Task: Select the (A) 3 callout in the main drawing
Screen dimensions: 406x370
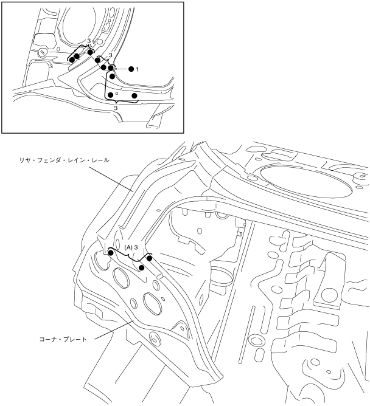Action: (132, 248)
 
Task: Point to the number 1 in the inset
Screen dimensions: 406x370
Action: (138, 69)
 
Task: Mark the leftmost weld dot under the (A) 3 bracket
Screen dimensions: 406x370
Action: (110, 252)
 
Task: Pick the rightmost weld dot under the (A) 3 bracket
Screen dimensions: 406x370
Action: (150, 258)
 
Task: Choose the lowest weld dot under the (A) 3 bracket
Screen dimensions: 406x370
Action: (142, 267)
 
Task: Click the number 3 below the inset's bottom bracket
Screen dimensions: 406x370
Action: (116, 107)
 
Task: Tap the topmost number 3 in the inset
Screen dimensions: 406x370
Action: (89, 41)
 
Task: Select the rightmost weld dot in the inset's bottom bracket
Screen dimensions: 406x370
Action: (134, 96)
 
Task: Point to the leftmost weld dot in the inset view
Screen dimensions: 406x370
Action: (71, 60)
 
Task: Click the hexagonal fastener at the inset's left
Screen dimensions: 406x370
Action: (41, 52)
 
